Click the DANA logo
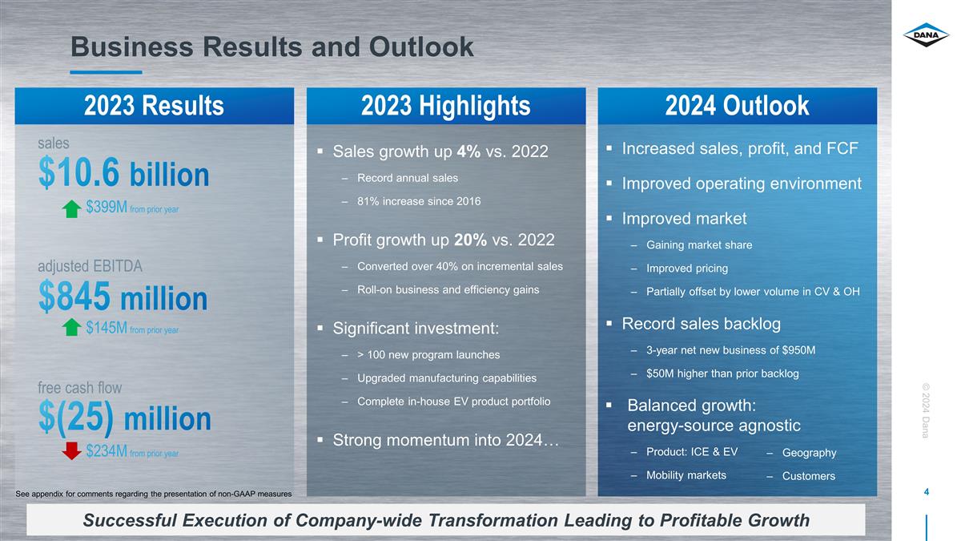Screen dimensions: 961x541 (926, 34)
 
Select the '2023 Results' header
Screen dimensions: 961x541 (154, 106)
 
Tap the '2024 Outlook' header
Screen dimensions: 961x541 (737, 106)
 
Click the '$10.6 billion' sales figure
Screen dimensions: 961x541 (123, 173)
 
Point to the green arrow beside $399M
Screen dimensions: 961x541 (71, 209)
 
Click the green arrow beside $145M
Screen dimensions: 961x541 (71, 327)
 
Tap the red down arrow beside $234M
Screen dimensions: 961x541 (71, 450)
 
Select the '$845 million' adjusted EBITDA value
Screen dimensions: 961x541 (123, 297)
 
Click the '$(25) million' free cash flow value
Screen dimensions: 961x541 (124, 418)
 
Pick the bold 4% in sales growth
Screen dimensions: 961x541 (468, 151)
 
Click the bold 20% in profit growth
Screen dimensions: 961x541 (471, 240)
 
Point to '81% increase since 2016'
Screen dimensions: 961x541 (419, 201)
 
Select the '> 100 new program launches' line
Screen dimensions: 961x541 (428, 354)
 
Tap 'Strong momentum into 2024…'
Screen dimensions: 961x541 (446, 440)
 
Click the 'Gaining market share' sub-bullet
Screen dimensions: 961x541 (699, 244)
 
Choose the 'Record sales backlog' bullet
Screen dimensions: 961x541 (701, 324)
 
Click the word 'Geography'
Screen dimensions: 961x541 (809, 453)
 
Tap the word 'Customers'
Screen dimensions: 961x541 (809, 476)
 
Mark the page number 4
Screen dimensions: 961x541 (927, 491)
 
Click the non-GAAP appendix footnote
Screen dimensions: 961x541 (154, 494)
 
